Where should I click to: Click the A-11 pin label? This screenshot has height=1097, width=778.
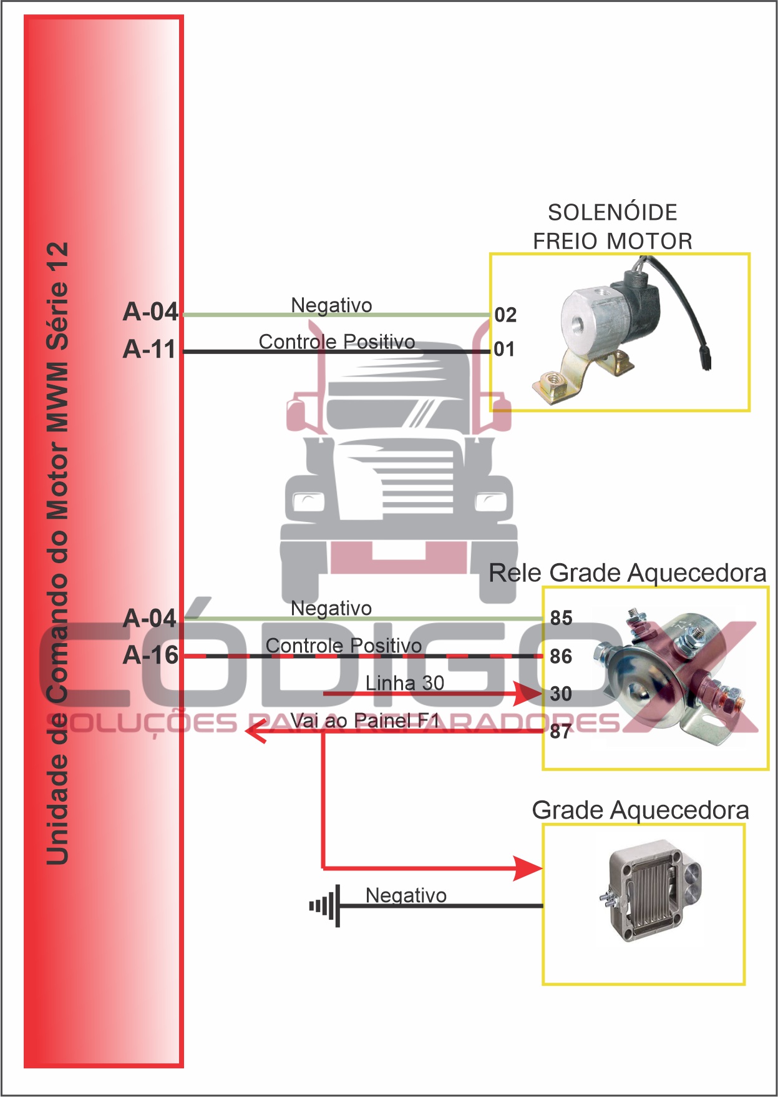[150, 349]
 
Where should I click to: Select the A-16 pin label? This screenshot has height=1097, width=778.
[151, 655]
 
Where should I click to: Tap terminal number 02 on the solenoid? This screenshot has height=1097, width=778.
[505, 315]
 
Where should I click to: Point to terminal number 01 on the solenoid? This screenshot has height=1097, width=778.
[504, 349]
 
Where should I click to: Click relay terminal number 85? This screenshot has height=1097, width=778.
[561, 618]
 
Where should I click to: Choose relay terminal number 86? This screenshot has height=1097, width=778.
[561, 656]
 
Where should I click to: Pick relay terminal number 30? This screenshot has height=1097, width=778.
[561, 694]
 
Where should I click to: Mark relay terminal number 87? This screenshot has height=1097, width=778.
[561, 731]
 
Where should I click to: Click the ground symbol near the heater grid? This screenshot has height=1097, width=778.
[326, 905]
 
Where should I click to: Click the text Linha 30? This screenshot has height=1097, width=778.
[405, 683]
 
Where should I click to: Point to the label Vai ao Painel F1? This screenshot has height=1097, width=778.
[365, 721]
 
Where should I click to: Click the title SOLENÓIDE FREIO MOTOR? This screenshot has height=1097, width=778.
[613, 227]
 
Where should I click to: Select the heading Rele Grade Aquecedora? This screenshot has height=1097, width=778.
[627, 573]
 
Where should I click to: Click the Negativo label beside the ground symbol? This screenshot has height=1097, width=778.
[406, 895]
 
